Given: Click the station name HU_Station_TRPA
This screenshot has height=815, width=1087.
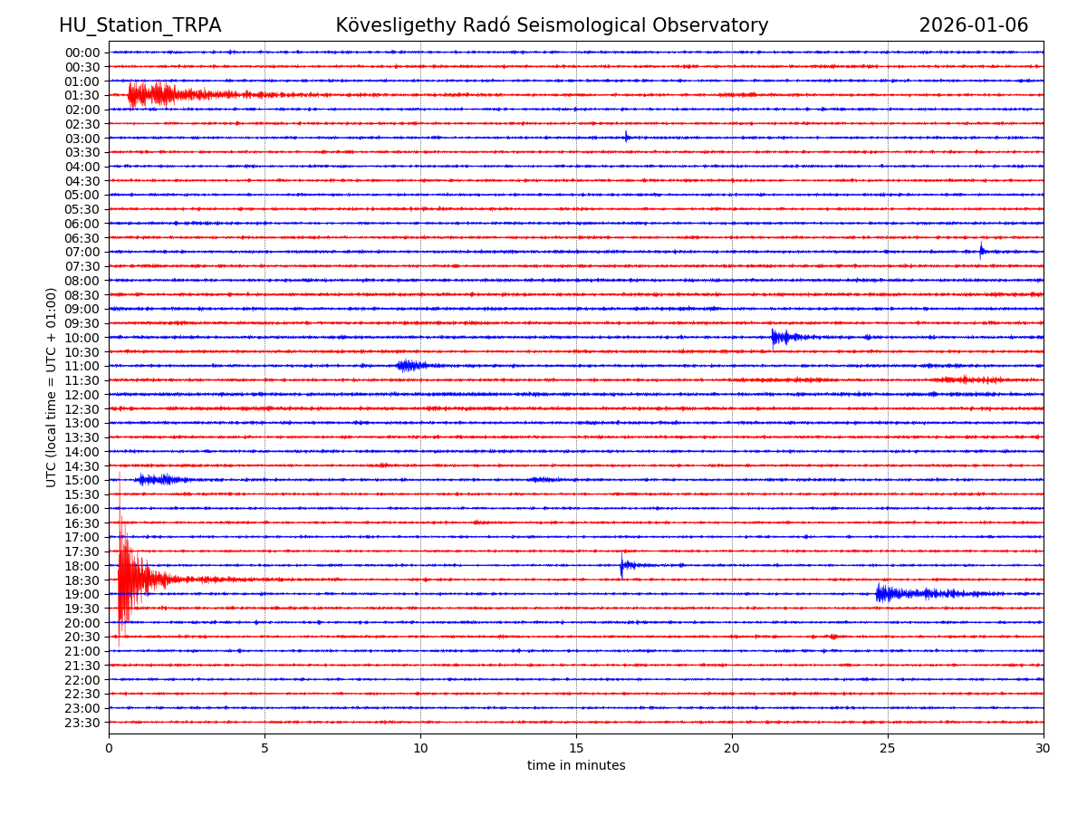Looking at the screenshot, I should pos(139,25).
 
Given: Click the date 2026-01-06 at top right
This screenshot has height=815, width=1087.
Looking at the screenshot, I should pos(973,25).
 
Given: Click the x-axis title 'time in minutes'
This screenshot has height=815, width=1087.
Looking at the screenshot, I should pos(576,765).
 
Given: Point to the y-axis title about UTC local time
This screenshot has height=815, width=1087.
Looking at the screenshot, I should pos(52,387).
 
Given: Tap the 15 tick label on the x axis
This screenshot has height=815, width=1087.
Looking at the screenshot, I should pos(576,748).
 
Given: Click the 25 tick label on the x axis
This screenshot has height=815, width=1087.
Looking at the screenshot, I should pos(888,748).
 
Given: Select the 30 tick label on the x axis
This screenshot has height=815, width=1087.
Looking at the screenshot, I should pos(1043,748).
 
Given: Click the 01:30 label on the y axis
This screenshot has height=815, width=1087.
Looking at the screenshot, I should pos(82,95).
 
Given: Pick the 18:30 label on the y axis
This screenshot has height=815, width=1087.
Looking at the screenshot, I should pos(82,580).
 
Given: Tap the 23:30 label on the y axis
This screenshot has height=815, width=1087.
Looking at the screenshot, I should pos(82,723).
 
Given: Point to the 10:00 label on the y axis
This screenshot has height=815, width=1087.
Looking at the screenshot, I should pos(82,338).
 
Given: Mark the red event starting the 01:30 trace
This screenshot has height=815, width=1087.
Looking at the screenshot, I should pos(149,94).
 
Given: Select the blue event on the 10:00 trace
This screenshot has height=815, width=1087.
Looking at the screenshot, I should pos(779,338).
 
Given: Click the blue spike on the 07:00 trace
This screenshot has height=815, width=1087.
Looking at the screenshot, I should pos(981,251).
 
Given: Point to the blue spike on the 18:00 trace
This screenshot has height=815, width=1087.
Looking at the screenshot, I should pos(622,565).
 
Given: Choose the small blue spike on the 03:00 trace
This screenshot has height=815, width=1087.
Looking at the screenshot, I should pos(626,138).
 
